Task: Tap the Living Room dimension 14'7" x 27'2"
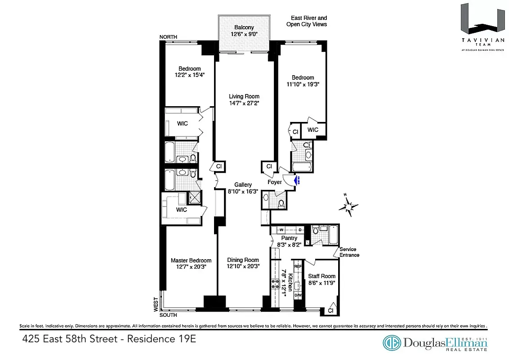point(244,103)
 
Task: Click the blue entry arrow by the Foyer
point(296,180)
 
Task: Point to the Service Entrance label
point(349,252)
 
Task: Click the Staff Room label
point(321,276)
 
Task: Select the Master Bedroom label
point(191,260)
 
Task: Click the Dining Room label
point(243,260)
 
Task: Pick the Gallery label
point(243,184)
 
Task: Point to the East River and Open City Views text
point(307,21)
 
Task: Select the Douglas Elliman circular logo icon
point(392,343)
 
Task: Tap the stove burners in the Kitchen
point(274,283)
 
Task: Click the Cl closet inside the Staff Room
point(330,310)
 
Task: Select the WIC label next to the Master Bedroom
point(181,210)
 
